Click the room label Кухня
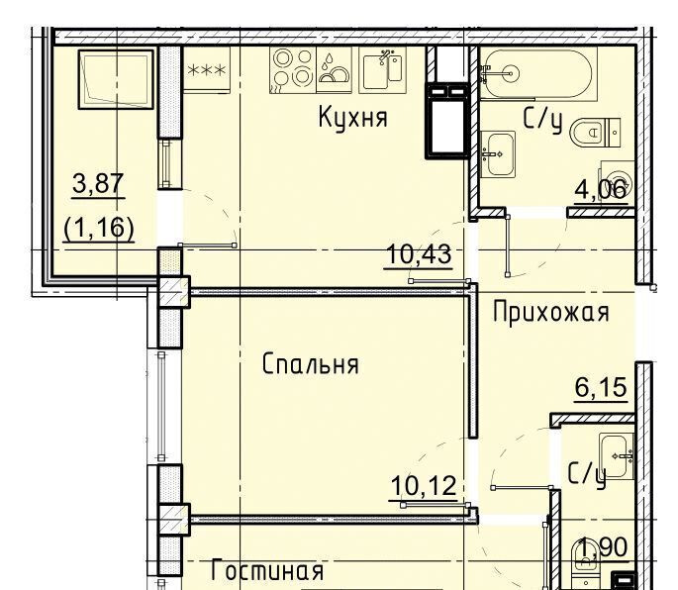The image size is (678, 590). point(352,117)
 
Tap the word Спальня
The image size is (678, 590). point(311,363)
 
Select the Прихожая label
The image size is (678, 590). point(551,312)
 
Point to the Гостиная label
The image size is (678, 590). point(267,570)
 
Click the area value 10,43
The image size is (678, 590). point(419,254)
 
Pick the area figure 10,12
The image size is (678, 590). point(424,486)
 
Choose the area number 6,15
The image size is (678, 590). point(601,387)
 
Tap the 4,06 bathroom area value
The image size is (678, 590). point(601,189)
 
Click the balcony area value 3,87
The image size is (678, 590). point(98,183)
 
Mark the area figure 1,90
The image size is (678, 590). point(604,547)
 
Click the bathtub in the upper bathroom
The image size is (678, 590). point(538,73)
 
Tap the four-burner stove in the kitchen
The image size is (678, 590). point(293,70)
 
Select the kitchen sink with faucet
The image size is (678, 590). point(383,70)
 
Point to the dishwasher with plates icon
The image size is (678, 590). point(334,70)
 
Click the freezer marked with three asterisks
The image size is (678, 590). point(207,69)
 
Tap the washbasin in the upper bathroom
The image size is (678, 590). point(498,154)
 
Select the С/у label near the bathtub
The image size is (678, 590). point(542,120)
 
